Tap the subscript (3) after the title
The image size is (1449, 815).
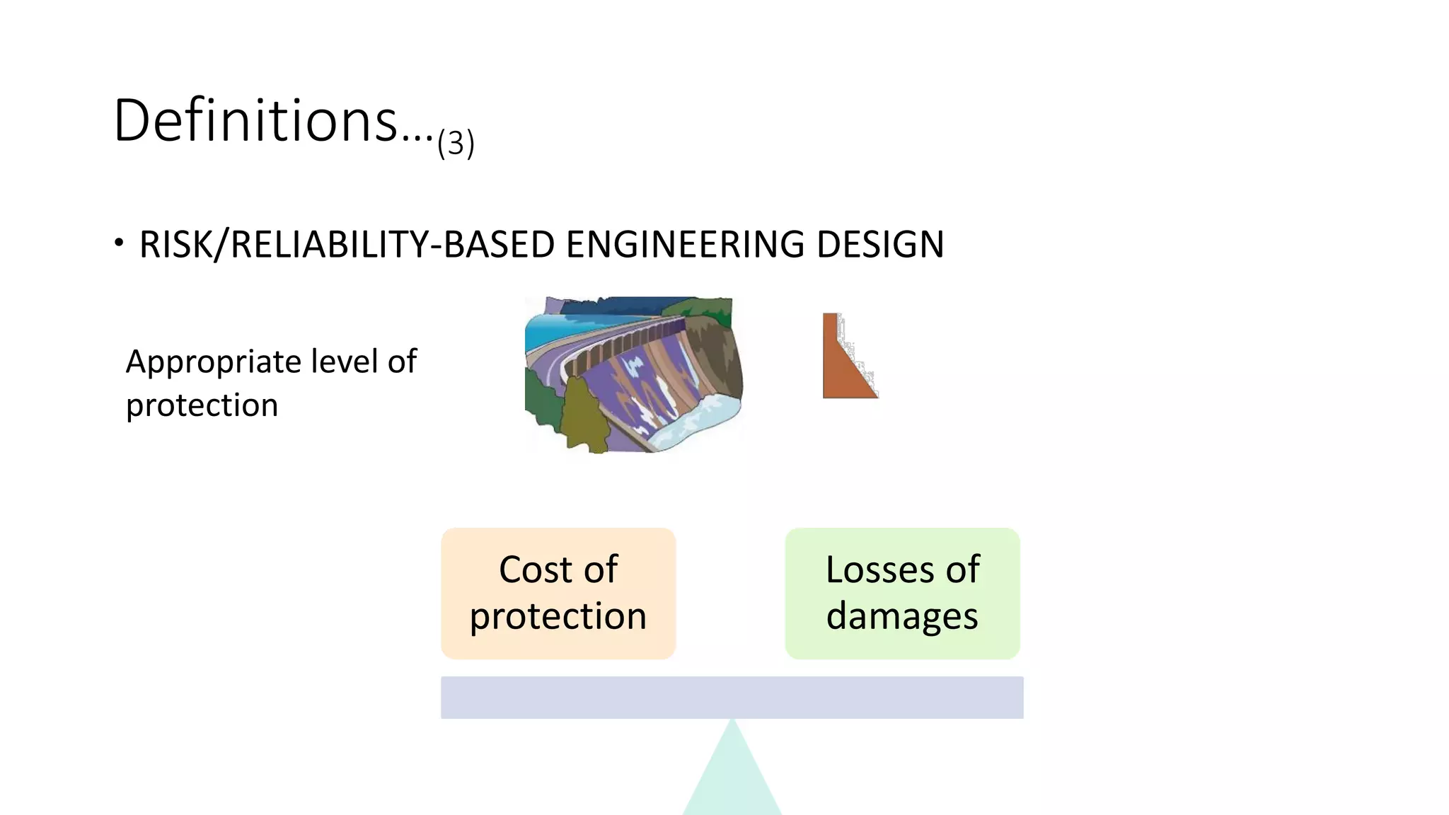tap(456, 143)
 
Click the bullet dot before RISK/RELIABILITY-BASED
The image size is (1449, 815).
tap(119, 243)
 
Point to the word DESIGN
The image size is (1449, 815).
tap(879, 245)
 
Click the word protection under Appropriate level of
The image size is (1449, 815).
tap(202, 405)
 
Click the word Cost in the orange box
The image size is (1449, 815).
tap(531, 570)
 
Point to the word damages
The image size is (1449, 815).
tap(902, 615)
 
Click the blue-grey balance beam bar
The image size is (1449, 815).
tap(732, 698)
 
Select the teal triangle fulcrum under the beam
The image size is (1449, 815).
tap(732, 778)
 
